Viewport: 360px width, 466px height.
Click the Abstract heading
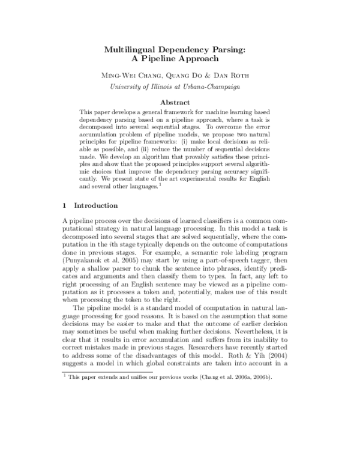[179, 102]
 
